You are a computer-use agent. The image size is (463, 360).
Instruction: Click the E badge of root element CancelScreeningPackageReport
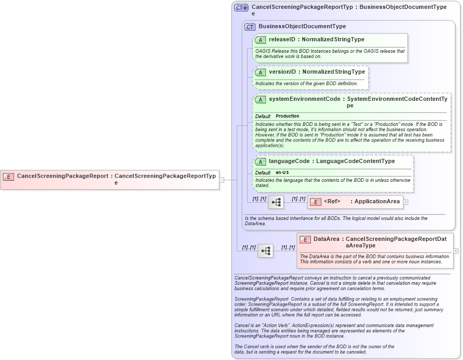click(x=8, y=176)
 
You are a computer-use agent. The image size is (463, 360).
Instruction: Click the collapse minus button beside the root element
click(x=222, y=180)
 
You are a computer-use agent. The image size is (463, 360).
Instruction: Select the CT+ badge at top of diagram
click(x=241, y=8)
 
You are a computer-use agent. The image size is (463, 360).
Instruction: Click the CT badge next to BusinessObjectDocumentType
click(x=250, y=27)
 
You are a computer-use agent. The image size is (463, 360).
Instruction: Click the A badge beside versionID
click(x=260, y=72)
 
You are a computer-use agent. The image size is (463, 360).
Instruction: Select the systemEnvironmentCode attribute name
click(x=304, y=99)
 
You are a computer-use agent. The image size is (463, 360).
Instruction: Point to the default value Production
click(x=287, y=116)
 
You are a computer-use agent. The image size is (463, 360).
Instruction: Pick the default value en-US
click(x=282, y=172)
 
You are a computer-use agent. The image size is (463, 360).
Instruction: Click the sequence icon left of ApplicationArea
click(x=275, y=202)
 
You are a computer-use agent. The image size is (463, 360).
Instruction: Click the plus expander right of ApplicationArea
click(x=406, y=202)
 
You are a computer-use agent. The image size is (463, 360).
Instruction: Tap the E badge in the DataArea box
click(x=305, y=239)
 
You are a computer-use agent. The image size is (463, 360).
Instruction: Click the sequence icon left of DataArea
click(x=265, y=251)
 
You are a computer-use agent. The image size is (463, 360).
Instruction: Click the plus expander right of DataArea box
click(x=456, y=251)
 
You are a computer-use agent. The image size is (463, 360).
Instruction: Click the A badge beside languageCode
click(x=260, y=161)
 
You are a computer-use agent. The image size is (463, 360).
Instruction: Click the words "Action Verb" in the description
click(x=272, y=325)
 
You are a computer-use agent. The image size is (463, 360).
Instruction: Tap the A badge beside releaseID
click(x=260, y=40)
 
